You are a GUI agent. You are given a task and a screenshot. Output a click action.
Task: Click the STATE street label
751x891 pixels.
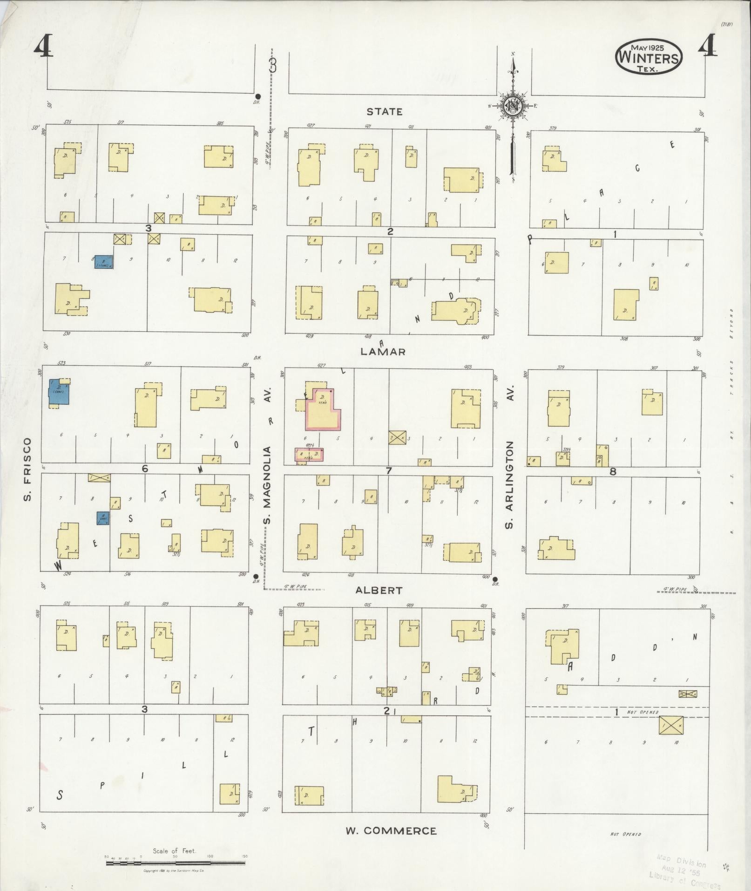point(384,112)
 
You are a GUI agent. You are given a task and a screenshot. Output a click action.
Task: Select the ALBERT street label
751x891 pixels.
point(379,590)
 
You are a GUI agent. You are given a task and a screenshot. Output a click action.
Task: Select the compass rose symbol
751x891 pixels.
point(513,106)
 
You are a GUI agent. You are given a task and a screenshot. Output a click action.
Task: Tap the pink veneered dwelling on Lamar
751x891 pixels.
point(322,410)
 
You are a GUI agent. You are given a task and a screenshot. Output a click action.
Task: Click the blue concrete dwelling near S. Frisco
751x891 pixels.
point(60,392)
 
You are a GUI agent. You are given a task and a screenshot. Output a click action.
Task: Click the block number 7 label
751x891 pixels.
point(388,470)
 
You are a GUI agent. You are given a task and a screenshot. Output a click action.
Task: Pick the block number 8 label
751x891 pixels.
point(613,471)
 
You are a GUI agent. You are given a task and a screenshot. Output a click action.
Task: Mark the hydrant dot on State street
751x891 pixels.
point(258,96)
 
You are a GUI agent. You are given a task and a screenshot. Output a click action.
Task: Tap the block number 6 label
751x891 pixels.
point(145,469)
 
